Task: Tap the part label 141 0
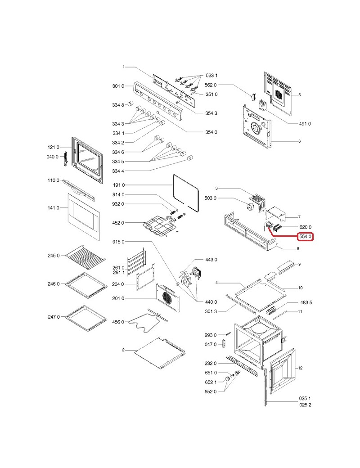click(x=53, y=208)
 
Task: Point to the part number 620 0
click(x=305, y=227)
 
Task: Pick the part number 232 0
click(x=211, y=363)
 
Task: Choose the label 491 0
click(x=305, y=123)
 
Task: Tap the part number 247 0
click(x=53, y=317)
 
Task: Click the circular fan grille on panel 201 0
click(x=166, y=297)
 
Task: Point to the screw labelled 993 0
click(x=228, y=334)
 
